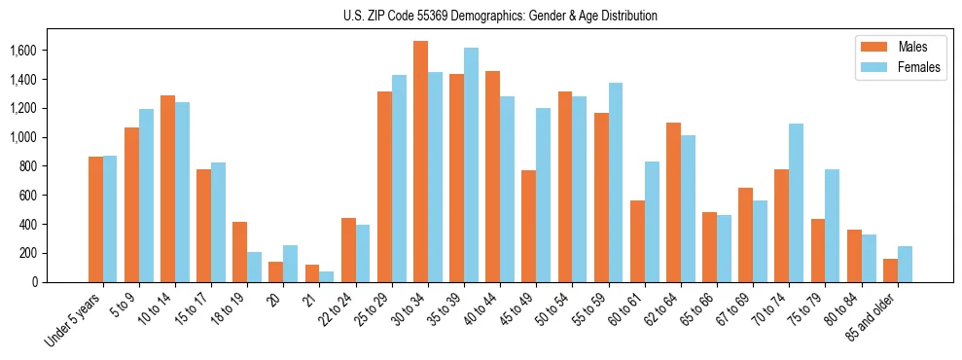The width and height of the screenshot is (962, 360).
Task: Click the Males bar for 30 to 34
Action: [x=420, y=162]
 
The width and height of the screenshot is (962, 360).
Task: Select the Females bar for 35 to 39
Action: [x=471, y=164]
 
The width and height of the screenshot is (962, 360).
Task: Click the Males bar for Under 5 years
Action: [x=95, y=219]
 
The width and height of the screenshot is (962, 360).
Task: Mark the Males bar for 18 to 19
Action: [x=239, y=252]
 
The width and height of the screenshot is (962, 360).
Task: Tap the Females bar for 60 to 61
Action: [x=652, y=222]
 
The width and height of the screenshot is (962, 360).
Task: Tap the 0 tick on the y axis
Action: [x=60, y=282]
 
